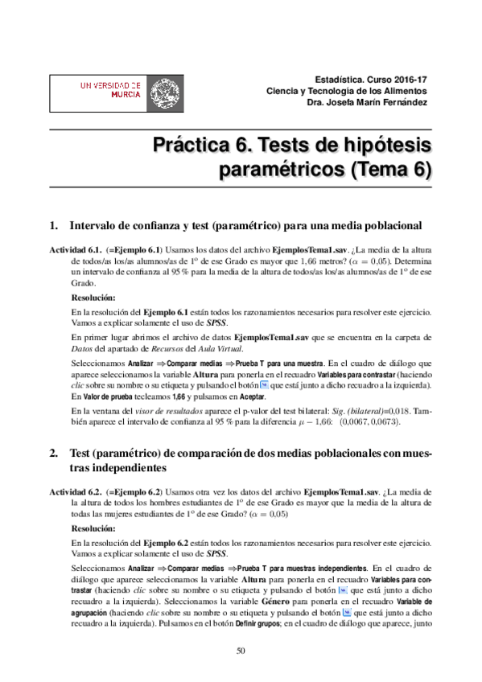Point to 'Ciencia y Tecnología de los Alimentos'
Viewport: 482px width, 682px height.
[x=348, y=91]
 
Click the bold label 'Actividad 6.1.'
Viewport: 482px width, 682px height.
[x=76, y=249]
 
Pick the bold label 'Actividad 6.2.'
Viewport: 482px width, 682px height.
[x=76, y=491]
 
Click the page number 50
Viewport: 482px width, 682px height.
[x=241, y=650]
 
